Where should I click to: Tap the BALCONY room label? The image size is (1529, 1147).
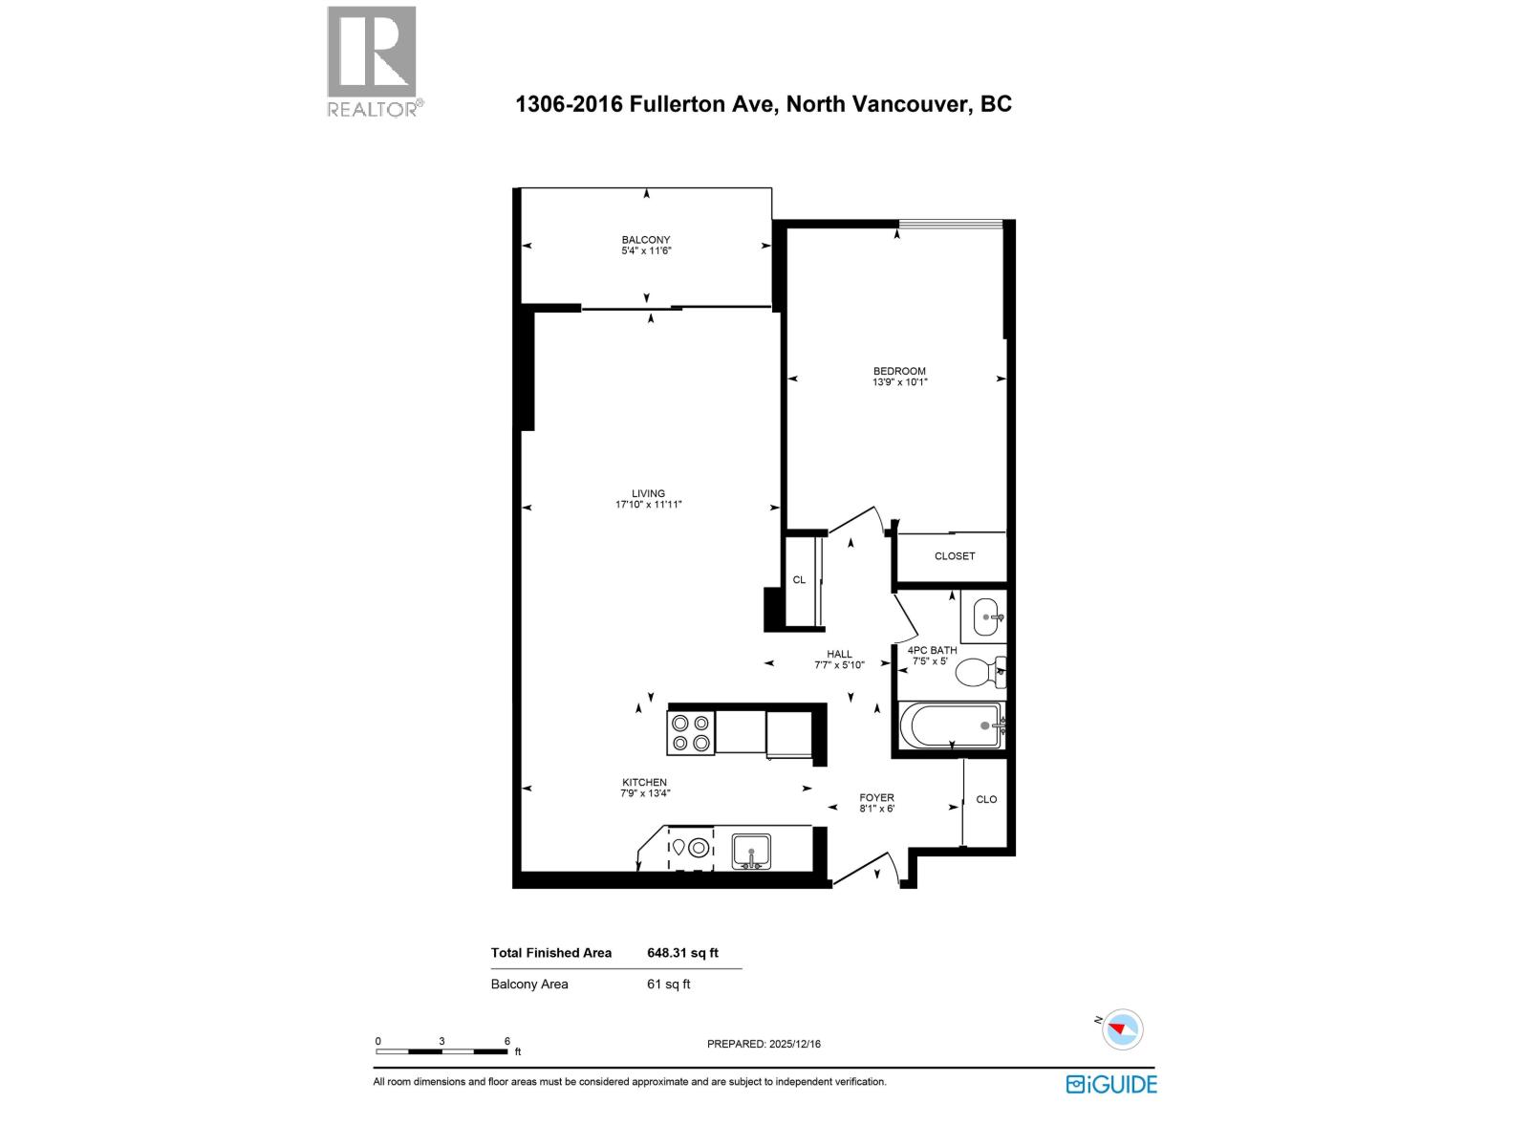(x=646, y=240)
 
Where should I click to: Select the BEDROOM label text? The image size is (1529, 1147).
(x=899, y=371)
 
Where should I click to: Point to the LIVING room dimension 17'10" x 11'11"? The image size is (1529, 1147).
(x=648, y=505)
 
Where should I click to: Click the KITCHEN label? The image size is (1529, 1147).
(x=644, y=782)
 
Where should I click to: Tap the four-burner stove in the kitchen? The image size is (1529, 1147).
(x=690, y=732)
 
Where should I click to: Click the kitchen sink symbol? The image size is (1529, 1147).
(x=751, y=850)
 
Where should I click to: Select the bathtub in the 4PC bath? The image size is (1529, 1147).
(x=952, y=726)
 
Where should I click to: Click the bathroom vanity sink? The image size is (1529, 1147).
(x=984, y=617)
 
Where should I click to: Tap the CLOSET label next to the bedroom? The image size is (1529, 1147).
(x=955, y=556)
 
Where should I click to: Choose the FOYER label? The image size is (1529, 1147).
(x=876, y=797)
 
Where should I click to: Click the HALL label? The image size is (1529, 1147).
(x=839, y=655)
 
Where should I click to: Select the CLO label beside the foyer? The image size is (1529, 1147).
(x=986, y=799)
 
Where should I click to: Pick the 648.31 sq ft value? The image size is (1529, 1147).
(x=682, y=953)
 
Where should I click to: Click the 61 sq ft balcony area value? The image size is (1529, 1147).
(x=668, y=984)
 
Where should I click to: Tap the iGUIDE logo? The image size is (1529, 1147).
(x=1111, y=1084)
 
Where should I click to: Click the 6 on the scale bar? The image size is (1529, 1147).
(x=507, y=1041)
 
